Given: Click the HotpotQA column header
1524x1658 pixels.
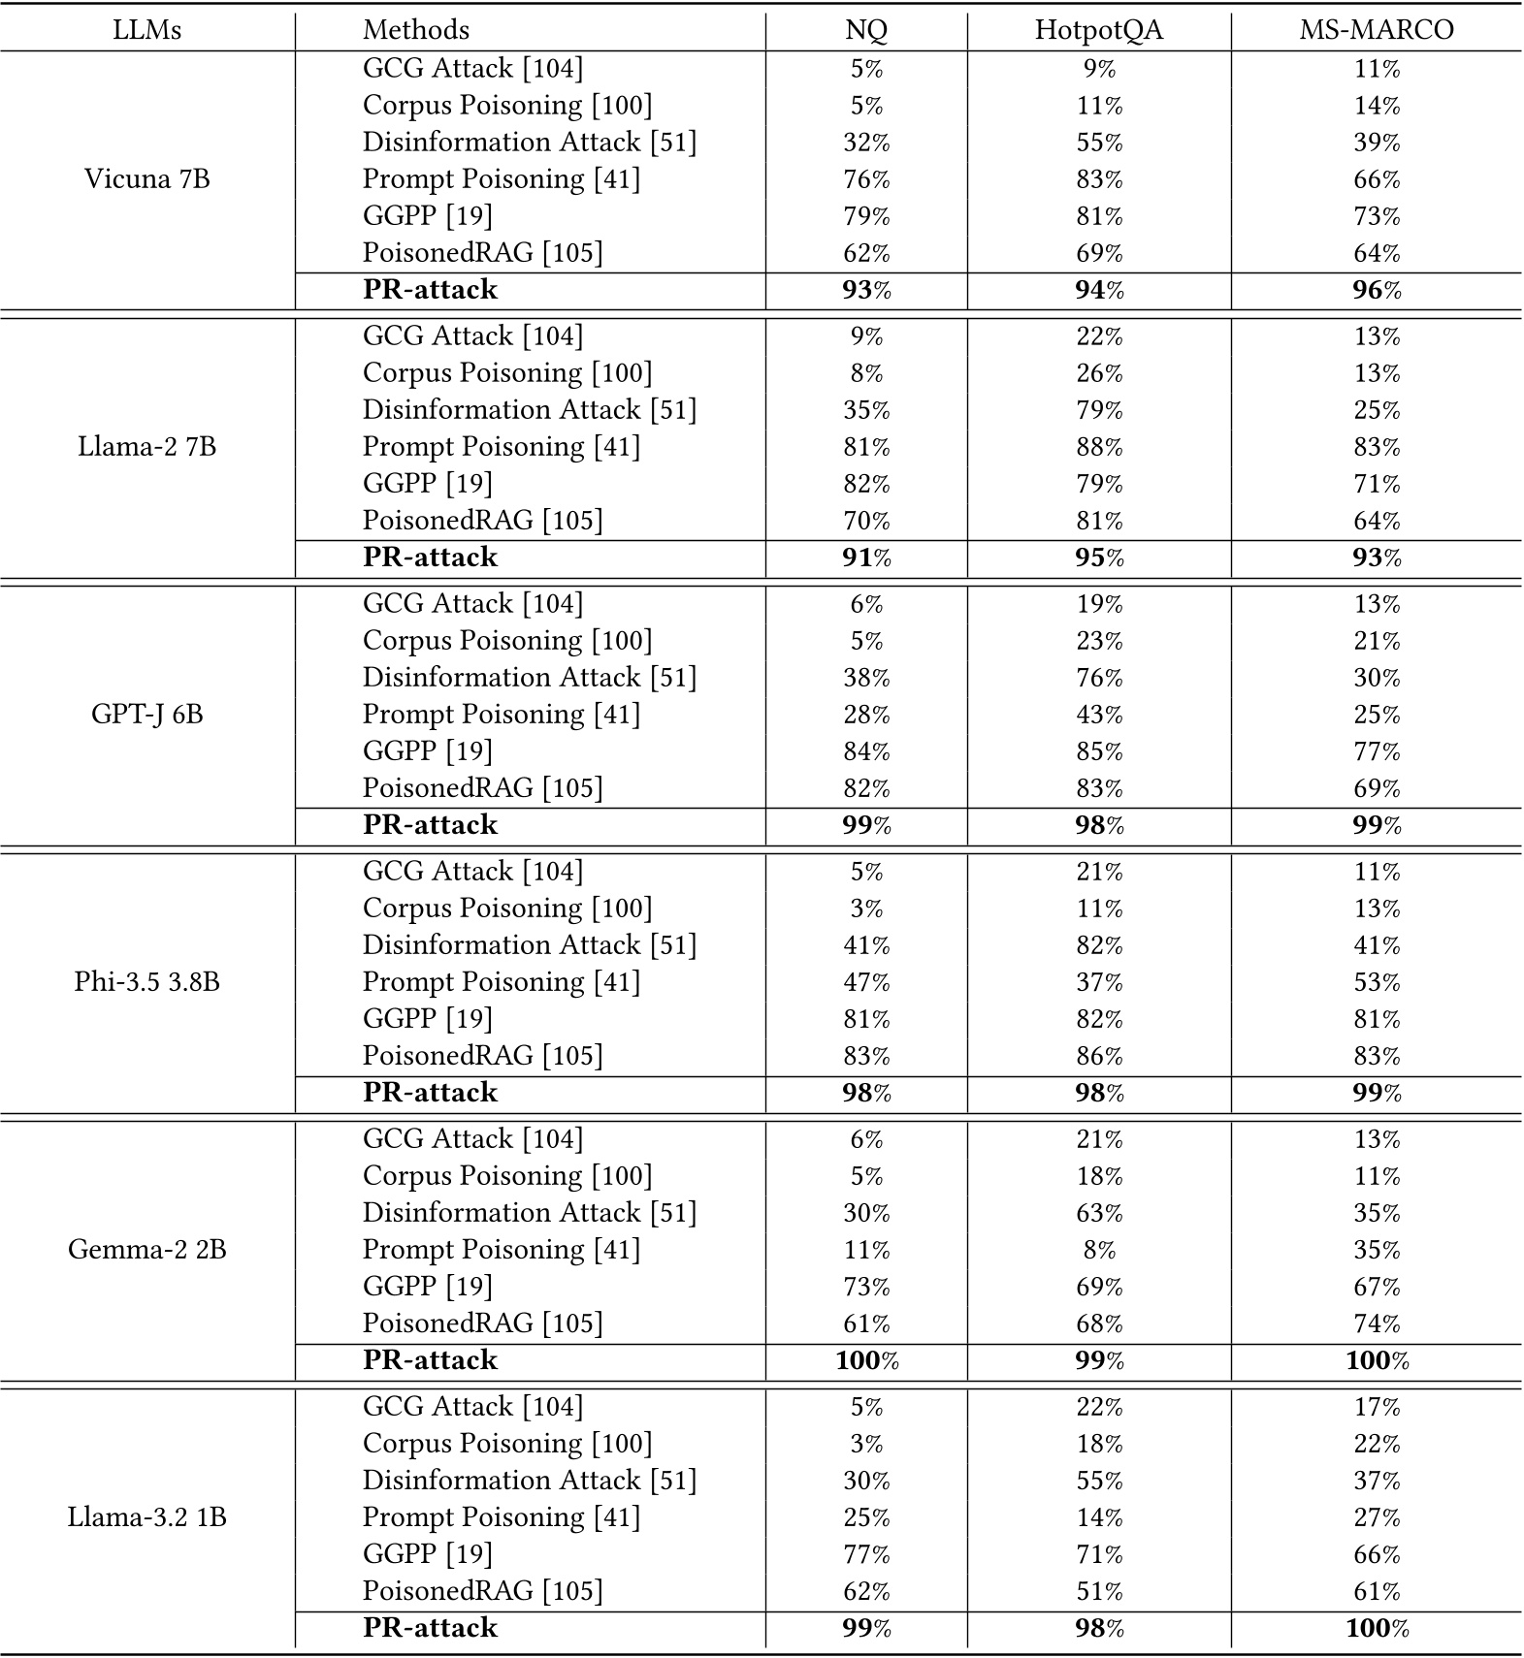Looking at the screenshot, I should [x=1098, y=30].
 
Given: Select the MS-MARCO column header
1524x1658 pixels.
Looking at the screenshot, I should [x=1376, y=30].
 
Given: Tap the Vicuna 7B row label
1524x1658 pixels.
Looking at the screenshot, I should [x=147, y=179].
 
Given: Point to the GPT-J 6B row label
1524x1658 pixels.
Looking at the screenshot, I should [x=147, y=715].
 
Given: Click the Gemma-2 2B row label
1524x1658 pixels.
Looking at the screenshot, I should [x=147, y=1250].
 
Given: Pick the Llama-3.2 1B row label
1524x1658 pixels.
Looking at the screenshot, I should [x=147, y=1517].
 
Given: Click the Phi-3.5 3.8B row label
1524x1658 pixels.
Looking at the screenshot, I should [x=147, y=982].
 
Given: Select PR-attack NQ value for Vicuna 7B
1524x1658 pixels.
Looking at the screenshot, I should [x=866, y=290].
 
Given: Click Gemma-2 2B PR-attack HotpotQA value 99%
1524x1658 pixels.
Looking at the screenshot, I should [x=1099, y=1360].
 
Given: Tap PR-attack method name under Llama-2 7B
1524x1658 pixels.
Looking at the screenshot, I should [x=430, y=558].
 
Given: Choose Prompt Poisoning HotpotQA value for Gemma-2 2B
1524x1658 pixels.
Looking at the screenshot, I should [x=1099, y=1250].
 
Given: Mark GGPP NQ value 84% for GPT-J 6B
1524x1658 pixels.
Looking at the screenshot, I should [x=866, y=751].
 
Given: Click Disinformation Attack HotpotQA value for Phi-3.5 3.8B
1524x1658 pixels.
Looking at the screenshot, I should [x=1099, y=945].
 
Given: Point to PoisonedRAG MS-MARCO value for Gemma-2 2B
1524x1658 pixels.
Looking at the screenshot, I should [x=1377, y=1323].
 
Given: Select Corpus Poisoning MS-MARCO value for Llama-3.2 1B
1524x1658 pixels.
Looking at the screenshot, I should [x=1377, y=1444].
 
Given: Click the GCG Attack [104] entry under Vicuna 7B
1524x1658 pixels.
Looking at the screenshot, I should [x=472, y=69].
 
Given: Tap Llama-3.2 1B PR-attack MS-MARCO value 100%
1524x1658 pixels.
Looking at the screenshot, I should [x=1377, y=1628].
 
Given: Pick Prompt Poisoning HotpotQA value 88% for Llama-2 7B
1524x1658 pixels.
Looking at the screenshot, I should [x=1099, y=447].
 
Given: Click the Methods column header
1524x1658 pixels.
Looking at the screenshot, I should [x=416, y=30].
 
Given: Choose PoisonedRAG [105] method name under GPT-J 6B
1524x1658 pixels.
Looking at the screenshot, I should [x=482, y=788].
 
